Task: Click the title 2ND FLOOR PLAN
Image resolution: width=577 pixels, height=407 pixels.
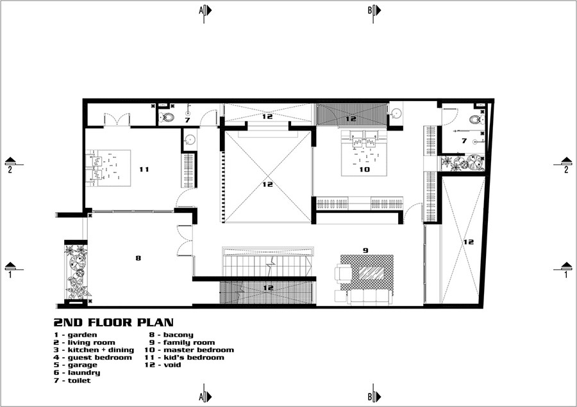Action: point(113,323)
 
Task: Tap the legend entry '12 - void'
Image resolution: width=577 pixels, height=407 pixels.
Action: point(164,365)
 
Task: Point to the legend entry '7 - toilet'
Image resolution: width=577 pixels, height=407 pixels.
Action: point(72,380)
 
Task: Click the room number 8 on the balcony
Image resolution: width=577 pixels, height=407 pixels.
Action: point(138,258)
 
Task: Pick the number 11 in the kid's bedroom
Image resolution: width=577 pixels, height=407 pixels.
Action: point(144,170)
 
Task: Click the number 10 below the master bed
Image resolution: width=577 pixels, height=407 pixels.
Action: point(364,170)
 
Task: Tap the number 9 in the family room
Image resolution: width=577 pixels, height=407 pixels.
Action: point(365,250)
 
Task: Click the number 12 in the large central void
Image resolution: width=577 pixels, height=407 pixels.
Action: point(267,184)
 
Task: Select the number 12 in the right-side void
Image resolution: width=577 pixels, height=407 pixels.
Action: point(469,242)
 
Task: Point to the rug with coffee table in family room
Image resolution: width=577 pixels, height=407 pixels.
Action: point(366,272)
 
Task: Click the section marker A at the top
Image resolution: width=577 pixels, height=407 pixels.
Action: point(205,10)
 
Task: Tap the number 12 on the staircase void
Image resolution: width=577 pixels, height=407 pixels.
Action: point(268,287)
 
